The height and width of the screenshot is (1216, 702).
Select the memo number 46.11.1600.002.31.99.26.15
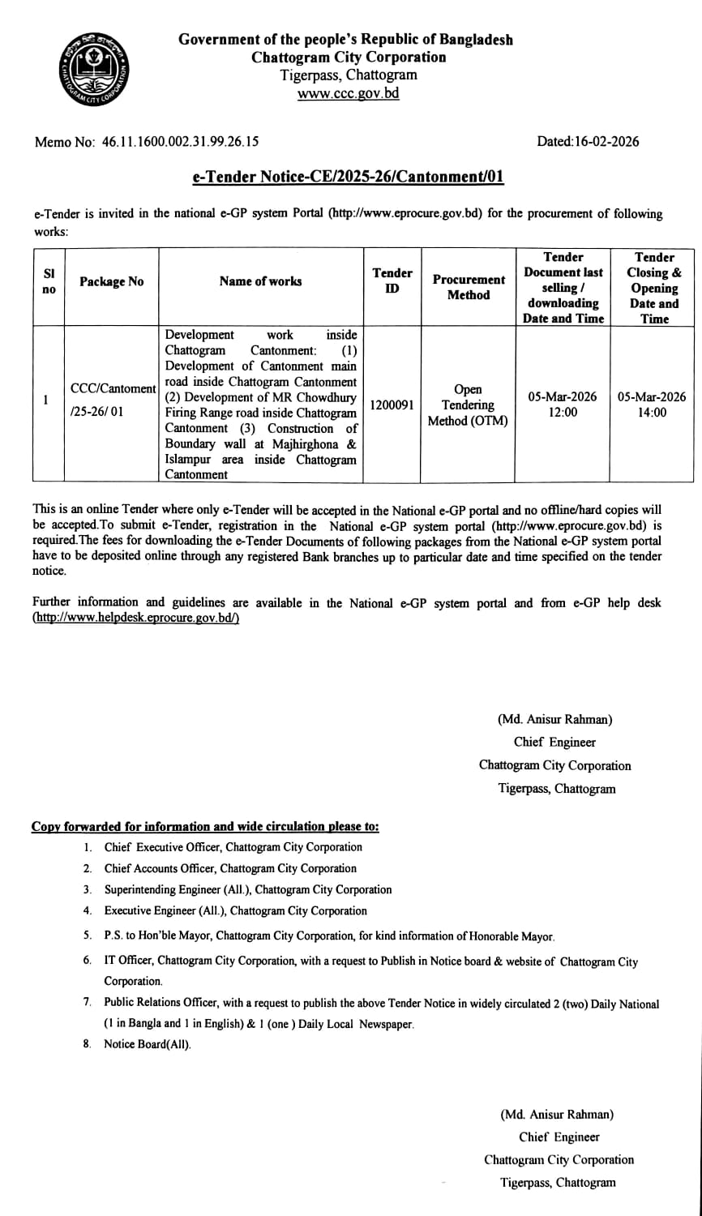(x=180, y=142)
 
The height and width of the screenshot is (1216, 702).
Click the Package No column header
(x=111, y=281)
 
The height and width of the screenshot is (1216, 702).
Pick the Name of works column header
(x=260, y=281)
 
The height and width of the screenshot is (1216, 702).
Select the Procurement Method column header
(x=469, y=288)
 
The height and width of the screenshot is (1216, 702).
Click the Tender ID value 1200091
(x=392, y=404)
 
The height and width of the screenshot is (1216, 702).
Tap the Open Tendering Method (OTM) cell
(x=469, y=405)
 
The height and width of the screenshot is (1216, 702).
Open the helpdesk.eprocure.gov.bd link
(x=135, y=618)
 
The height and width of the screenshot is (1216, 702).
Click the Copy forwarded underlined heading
(x=205, y=827)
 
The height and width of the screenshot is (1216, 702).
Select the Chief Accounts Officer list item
(x=230, y=868)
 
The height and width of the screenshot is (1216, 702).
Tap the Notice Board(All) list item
(x=148, y=1044)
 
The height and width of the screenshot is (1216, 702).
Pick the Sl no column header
(x=48, y=281)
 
